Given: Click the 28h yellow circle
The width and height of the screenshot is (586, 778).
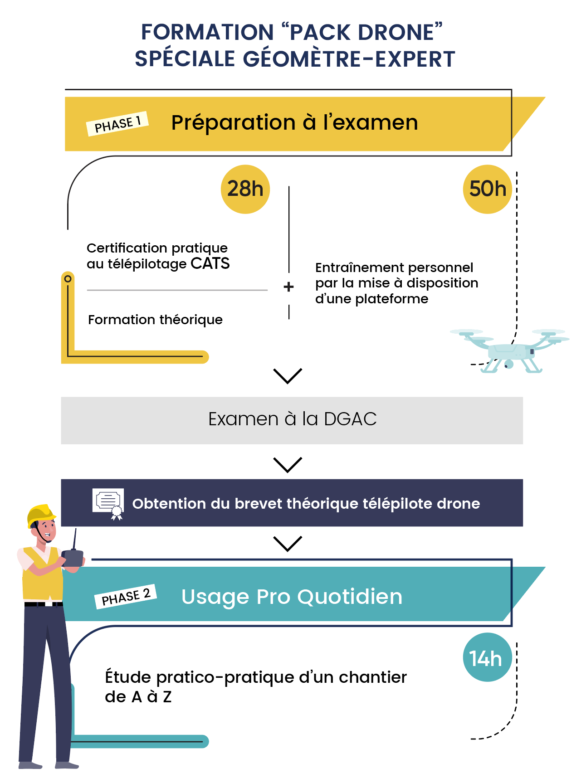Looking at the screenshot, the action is [x=245, y=189].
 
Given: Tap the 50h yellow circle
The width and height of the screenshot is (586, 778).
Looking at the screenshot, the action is [x=488, y=189].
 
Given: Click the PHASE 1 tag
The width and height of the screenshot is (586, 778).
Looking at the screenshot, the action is [x=117, y=123].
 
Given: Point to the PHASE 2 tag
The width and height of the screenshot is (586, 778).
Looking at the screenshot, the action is [x=126, y=597].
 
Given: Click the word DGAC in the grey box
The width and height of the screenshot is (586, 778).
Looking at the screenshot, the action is [x=350, y=419].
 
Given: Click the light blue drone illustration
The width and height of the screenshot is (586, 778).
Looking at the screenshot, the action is [x=510, y=350].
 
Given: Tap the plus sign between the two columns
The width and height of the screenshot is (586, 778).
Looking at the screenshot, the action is [x=288, y=287].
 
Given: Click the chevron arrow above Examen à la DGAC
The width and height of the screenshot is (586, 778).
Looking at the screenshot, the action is [x=288, y=376].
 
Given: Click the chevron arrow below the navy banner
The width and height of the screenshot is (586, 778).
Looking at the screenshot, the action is [x=288, y=544].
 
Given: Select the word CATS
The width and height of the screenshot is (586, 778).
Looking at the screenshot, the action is [x=210, y=263].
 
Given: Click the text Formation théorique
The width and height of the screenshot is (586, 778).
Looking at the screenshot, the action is [x=155, y=320].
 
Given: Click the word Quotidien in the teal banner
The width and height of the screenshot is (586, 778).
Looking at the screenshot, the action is [x=350, y=597].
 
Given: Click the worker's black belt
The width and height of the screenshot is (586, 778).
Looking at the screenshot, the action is [x=44, y=604].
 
